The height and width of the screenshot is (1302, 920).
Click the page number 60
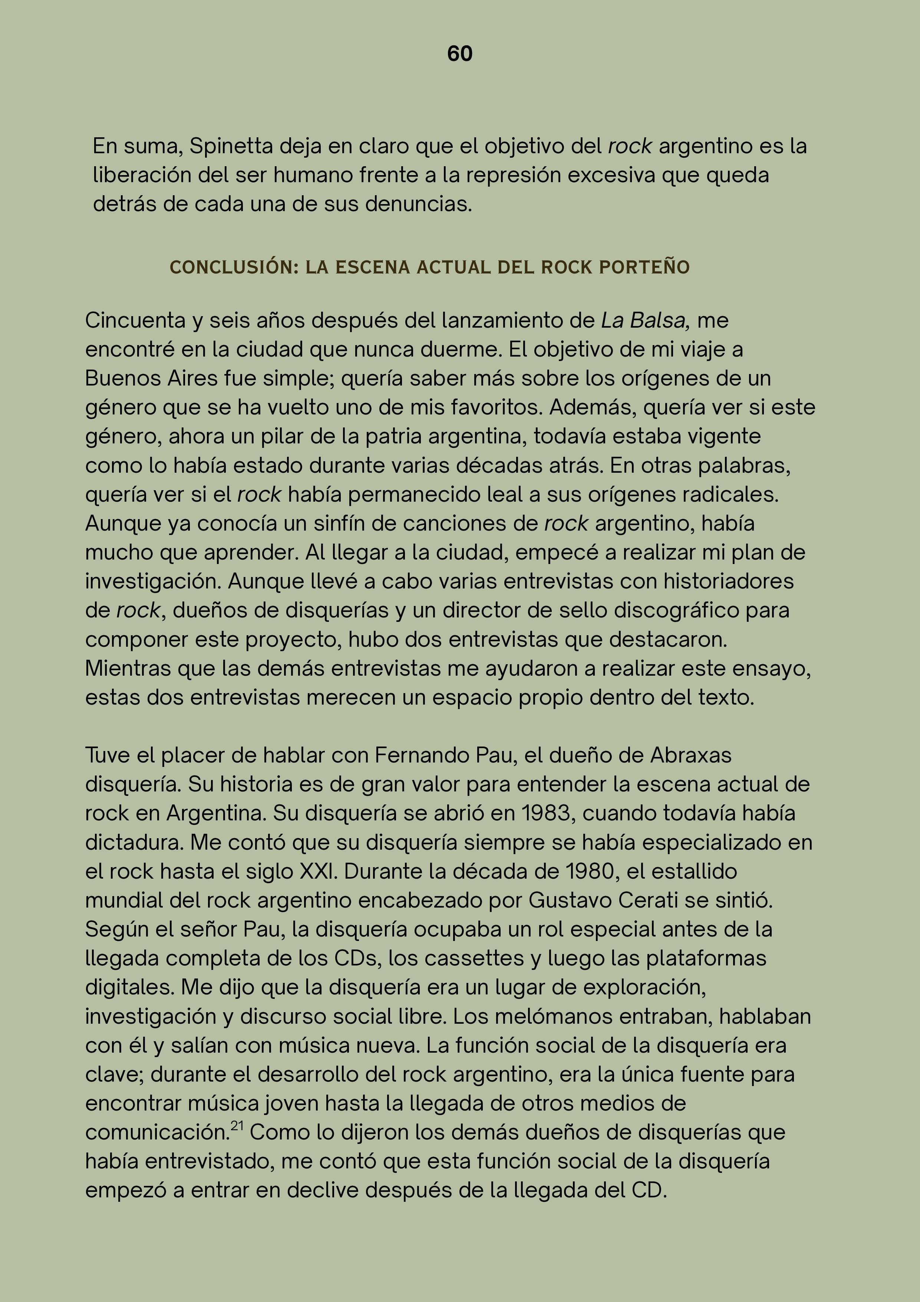click(460, 54)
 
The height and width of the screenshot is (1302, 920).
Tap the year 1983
click(545, 814)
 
